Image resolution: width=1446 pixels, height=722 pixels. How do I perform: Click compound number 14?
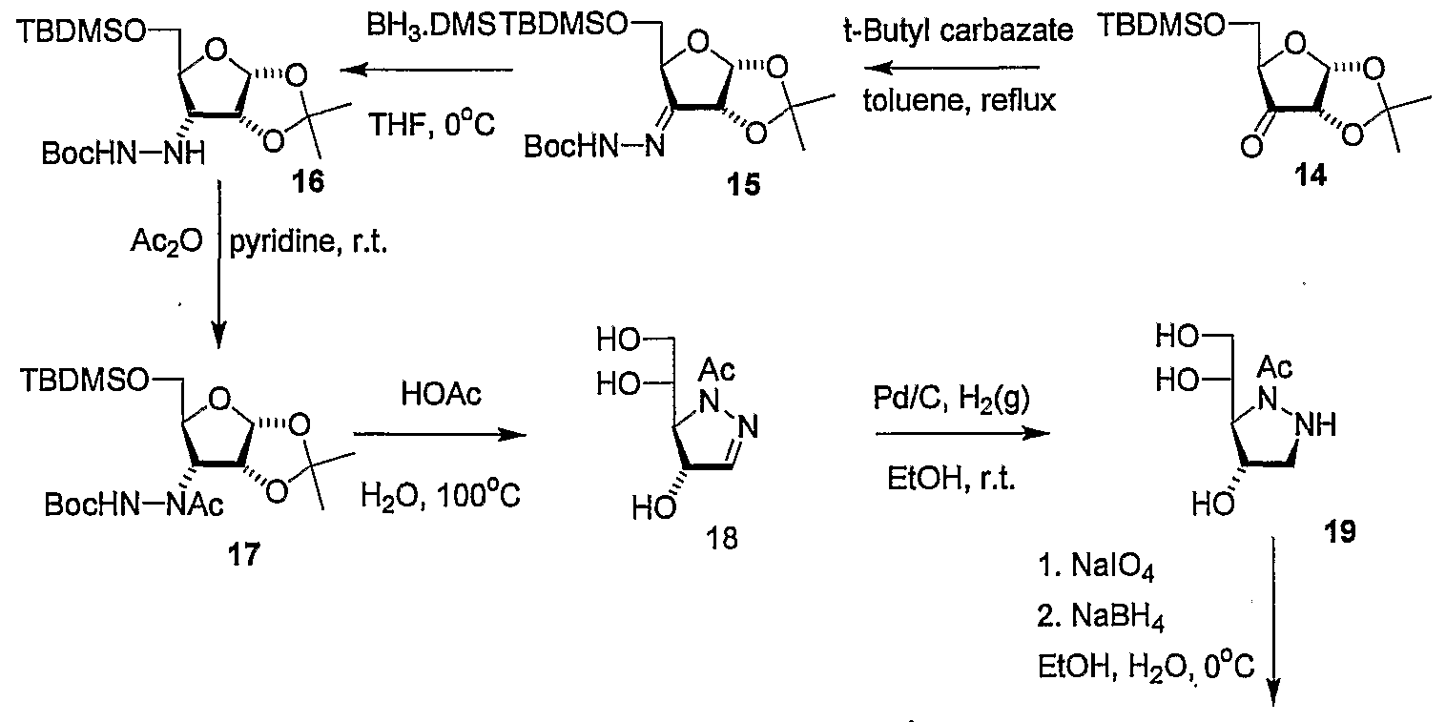1310,175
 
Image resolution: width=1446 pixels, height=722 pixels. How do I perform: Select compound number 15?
743,184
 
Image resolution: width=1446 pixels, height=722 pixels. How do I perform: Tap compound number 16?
307,181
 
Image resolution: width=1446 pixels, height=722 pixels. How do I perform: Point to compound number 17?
243,553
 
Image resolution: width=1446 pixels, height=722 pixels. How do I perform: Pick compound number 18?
721,538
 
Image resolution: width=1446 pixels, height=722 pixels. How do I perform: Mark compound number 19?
1339,531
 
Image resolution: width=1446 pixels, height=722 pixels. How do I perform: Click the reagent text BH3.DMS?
432,27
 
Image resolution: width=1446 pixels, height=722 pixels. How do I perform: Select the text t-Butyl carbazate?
958,30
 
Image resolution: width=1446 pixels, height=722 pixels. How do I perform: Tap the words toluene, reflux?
960,100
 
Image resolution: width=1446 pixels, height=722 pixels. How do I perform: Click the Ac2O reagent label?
166,242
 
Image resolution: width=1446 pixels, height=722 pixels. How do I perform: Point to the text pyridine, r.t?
309,243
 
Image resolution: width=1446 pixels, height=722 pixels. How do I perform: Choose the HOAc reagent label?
441,394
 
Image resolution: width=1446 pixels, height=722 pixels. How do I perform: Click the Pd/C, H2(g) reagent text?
951,398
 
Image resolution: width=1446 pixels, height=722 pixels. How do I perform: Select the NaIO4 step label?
1096,566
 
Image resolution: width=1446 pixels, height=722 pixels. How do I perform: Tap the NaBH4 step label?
1101,616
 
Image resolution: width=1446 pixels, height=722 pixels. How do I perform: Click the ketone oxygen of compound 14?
1251,148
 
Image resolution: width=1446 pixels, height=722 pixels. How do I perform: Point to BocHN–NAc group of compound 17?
134,504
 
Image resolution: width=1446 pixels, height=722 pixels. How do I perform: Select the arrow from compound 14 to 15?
952,68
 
